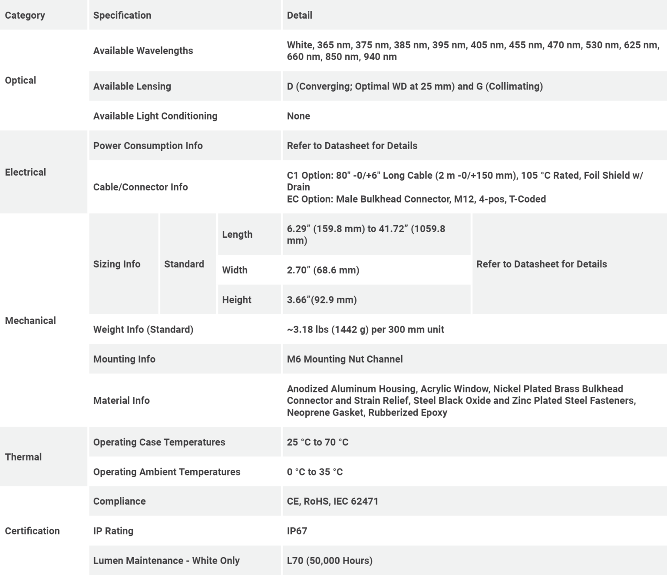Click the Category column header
pos(25,15)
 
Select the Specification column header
pos(122,15)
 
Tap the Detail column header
pos(299,15)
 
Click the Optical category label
pos(20,80)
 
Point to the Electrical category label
pos(25,172)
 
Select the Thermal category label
pos(23,457)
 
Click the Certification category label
pos(32,531)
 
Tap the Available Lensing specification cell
pos(132,86)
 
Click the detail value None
pos(298,116)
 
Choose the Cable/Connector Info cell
pos(140,187)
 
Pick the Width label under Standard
pos(234,270)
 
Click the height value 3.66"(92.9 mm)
pos(322,300)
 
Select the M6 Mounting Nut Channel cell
pos(345,359)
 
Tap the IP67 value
pos(297,531)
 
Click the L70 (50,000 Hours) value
pos(330,561)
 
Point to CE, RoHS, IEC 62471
pos(333,501)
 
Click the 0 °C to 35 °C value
pos(315,472)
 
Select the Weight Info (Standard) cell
pos(143,329)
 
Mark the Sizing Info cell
pos(117,264)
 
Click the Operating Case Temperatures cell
pos(159,442)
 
